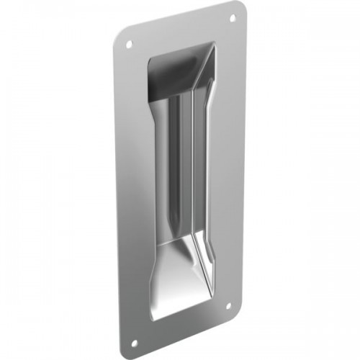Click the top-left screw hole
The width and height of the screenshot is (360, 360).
pos(130,44)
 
